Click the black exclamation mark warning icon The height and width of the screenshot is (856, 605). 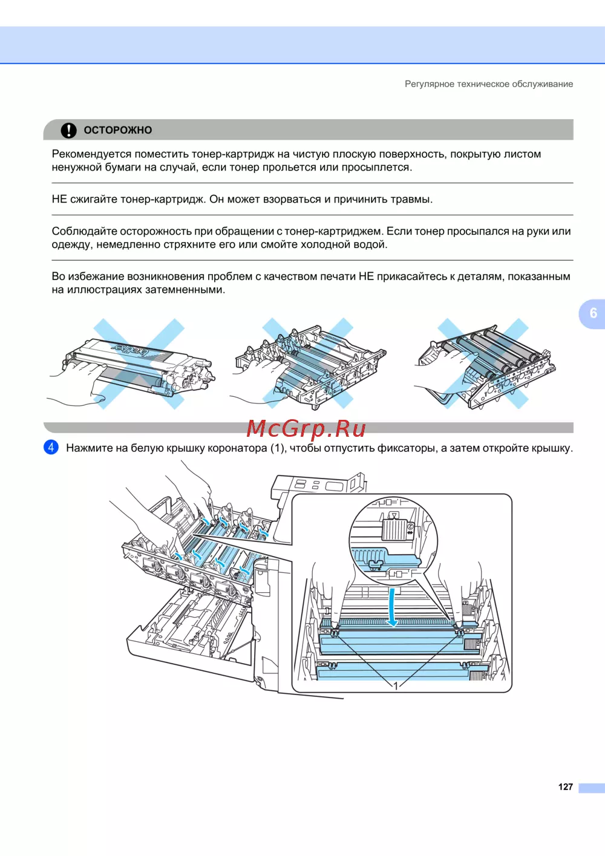click(68, 130)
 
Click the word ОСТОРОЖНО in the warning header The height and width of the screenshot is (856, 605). click(118, 130)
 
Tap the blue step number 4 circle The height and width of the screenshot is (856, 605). click(51, 447)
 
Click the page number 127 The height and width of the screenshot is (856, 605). click(565, 786)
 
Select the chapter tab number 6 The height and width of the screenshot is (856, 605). click(593, 313)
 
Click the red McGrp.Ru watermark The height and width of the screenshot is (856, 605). click(306, 429)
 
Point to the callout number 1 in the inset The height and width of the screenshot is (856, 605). click(396, 686)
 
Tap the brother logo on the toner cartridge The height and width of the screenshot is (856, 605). click(129, 349)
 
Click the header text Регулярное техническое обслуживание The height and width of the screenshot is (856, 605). click(489, 83)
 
